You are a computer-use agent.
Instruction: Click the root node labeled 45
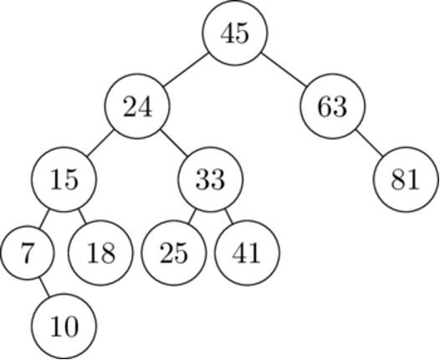[x=235, y=33]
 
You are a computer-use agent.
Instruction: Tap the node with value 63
[x=332, y=107]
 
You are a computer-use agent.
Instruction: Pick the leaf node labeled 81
[x=406, y=180]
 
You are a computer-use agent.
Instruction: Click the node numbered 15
[x=64, y=180]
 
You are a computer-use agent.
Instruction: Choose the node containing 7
[x=28, y=252]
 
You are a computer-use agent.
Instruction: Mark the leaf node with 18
[x=100, y=252]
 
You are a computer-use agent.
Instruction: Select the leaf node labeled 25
[x=174, y=252]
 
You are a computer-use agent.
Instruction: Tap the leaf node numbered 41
[x=247, y=252]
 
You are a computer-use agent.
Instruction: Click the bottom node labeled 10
[x=64, y=326]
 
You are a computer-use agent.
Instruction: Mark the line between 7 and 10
[x=45, y=289]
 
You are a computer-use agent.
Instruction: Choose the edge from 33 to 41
[x=228, y=216]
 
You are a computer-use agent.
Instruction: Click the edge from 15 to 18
[x=82, y=216]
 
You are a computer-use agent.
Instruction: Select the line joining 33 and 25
[x=192, y=216]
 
